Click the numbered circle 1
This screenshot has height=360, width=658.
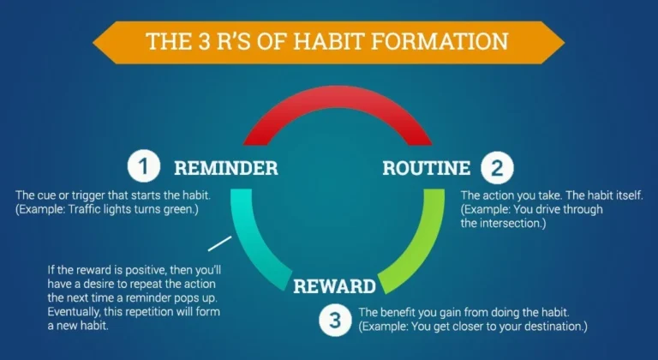pos(144,167)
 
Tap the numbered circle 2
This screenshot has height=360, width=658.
pos(497,168)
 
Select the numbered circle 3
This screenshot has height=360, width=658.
pos(334,320)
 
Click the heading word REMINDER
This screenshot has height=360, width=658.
pos(226,168)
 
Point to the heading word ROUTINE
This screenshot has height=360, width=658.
pos(427,168)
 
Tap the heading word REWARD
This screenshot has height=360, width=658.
pos(334,286)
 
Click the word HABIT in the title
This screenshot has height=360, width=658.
pos(327,41)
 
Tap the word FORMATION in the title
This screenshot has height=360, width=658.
pos(440,41)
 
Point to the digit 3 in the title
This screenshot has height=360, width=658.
pos(205,41)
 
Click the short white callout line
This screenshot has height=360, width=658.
pos(220,243)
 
